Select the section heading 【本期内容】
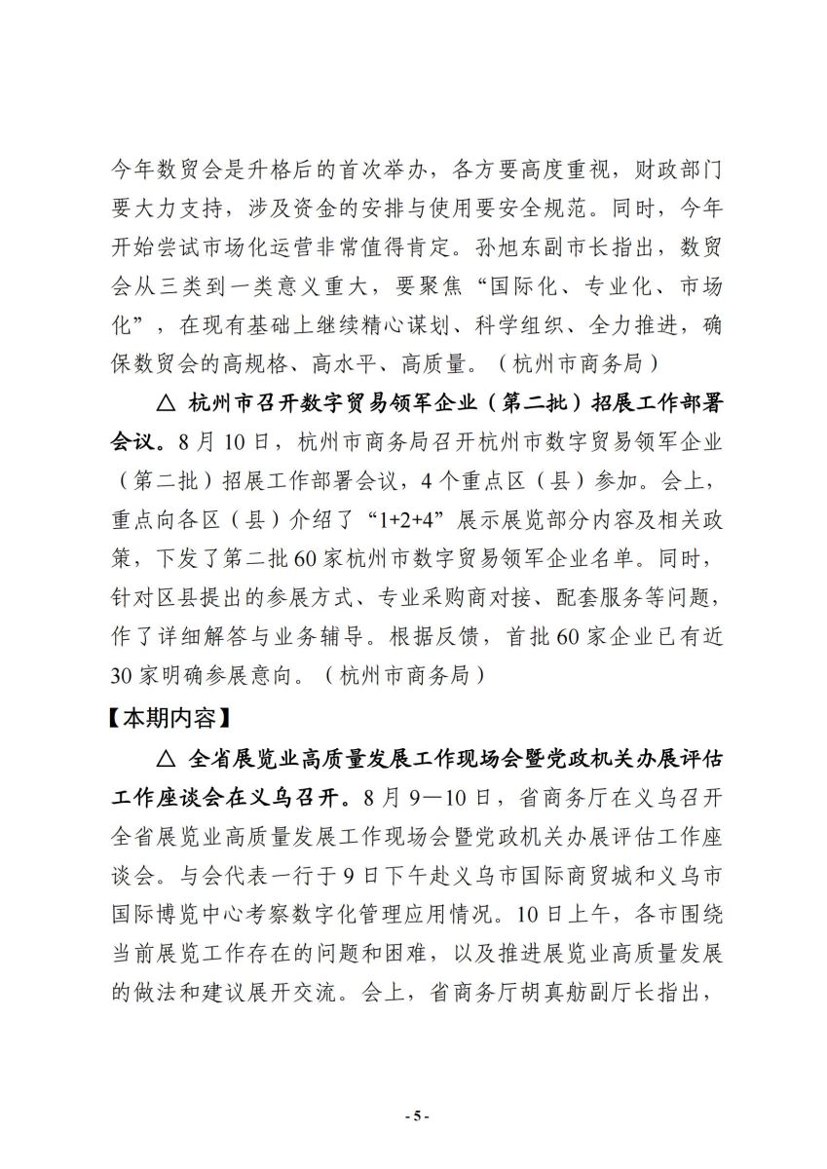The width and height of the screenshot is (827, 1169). pyautogui.click(x=168, y=719)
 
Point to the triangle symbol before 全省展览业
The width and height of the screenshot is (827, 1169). pyautogui.click(x=164, y=759)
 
